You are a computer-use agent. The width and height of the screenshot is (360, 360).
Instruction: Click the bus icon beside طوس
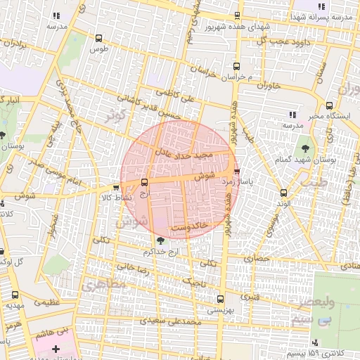[x=98, y=39]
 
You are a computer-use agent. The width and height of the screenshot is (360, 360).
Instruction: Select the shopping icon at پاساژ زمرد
[x=236, y=171]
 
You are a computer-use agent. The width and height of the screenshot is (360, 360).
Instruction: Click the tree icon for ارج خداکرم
[x=161, y=240]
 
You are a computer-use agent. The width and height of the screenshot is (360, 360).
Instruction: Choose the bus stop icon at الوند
[x=283, y=193]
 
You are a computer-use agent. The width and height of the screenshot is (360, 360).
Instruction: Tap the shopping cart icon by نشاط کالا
[x=115, y=187]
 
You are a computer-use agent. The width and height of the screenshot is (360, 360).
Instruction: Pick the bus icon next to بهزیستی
[x=219, y=298]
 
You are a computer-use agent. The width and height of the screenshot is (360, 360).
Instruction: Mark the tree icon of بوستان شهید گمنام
[x=305, y=148]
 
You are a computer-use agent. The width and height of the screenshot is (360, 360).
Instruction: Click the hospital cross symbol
[x=56, y=349]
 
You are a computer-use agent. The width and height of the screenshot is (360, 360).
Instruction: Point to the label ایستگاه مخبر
[x=307, y=115]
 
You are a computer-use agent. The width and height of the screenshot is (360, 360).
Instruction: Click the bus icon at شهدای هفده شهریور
[x=237, y=15]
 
